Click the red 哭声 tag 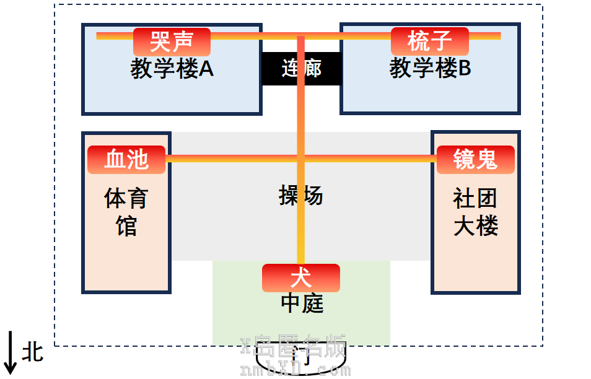point(172,42)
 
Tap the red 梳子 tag point(429,42)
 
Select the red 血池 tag point(126,160)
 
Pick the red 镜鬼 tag point(475,160)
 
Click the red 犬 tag point(300,277)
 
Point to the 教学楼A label point(172,69)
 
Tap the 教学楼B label point(430,69)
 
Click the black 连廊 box point(301,69)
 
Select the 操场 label point(301,196)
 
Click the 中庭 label point(302,303)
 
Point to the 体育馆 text point(126,212)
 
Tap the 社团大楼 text point(475,212)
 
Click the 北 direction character point(33,352)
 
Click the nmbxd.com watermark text point(295,370)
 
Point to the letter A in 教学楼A point(206,69)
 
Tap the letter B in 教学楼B point(464,69)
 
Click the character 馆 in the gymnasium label point(126,227)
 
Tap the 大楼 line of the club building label point(475,227)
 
